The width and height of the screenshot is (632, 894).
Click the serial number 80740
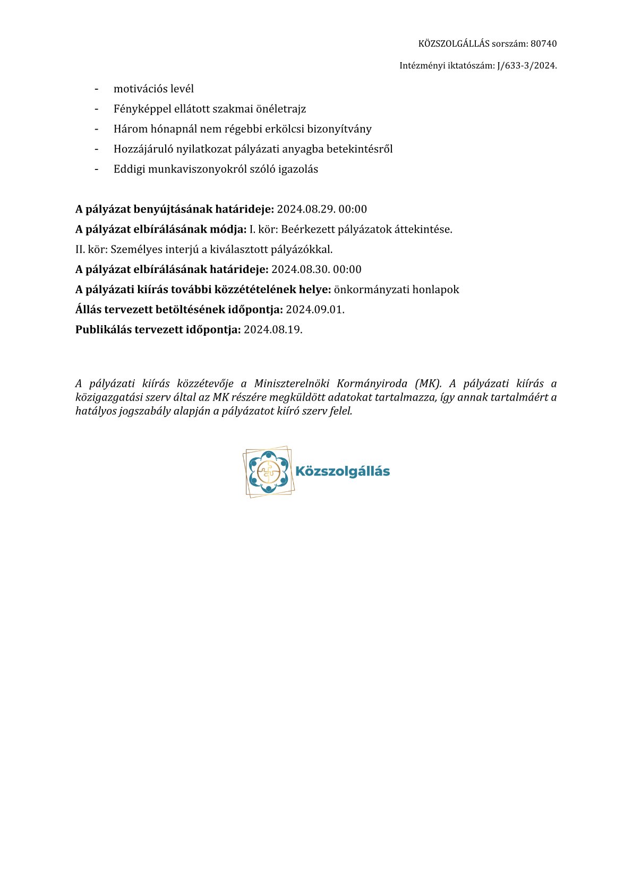tap(543, 44)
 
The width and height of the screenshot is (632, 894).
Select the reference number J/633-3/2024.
tap(526, 66)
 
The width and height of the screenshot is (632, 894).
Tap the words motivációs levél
tap(153, 89)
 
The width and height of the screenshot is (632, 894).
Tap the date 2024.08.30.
tap(300, 269)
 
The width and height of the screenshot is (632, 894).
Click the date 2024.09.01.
tap(315, 310)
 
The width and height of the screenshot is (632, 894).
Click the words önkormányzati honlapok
tap(396, 290)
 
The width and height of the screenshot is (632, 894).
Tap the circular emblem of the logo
tap(268, 471)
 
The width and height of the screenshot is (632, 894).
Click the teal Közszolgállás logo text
tap(342, 471)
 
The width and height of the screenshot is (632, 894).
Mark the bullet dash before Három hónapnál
tap(97, 129)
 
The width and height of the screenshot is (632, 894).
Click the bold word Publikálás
tap(103, 329)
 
